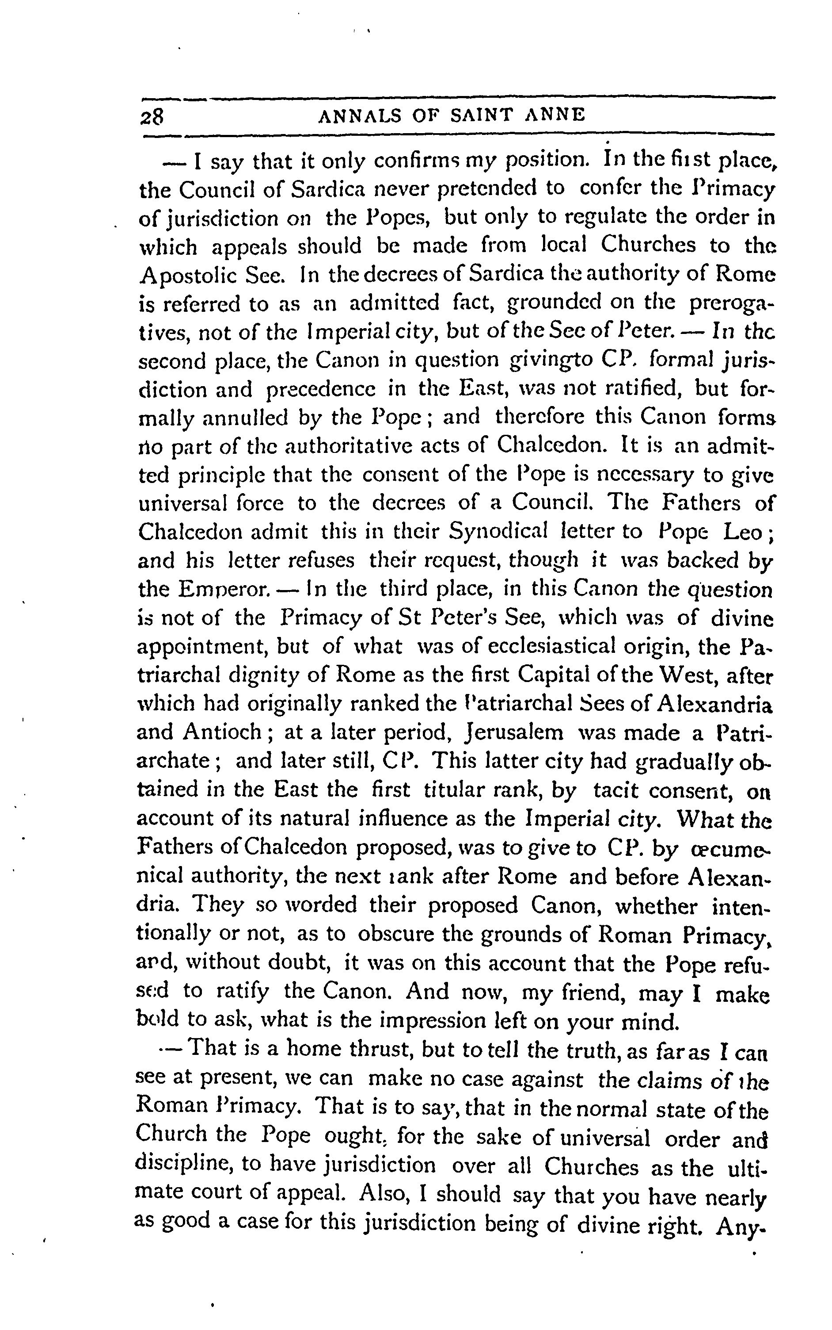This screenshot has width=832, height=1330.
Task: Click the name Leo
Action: point(743,532)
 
